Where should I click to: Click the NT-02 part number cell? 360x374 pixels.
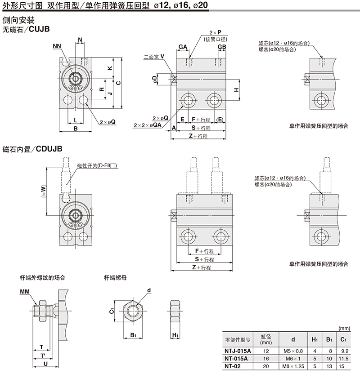pos(236,366)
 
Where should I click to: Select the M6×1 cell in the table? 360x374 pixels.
pos(293,358)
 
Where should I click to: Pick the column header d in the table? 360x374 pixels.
pos(293,339)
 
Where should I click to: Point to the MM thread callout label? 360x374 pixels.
pos(25,292)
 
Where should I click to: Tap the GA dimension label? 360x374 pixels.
pos(183,47)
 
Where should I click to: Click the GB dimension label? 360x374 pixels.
pos(221,47)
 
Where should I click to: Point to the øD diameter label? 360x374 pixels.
pos(155,79)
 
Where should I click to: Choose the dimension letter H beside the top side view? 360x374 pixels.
pos(237,90)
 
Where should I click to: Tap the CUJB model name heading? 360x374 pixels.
pos(39,29)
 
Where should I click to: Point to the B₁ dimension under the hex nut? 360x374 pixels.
pos(133,335)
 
